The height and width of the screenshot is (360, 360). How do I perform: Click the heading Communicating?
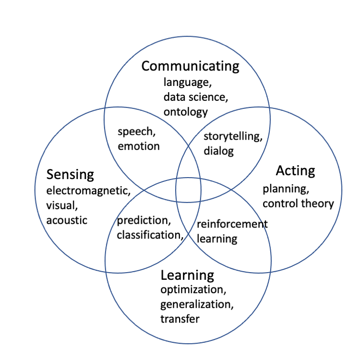click(x=190, y=66)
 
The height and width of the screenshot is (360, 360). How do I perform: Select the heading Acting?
click(x=295, y=171)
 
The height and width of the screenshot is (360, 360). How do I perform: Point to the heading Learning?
click(x=187, y=276)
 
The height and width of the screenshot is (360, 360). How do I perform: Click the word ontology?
click(x=186, y=112)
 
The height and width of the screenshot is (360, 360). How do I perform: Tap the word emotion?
click(x=139, y=146)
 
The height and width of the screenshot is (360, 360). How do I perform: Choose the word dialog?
click(x=218, y=151)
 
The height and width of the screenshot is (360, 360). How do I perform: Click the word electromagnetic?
click(x=88, y=191)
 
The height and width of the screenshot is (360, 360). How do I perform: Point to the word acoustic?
click(x=67, y=220)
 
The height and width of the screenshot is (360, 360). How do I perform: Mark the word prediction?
click(x=144, y=221)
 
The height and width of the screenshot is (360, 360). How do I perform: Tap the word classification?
click(x=150, y=235)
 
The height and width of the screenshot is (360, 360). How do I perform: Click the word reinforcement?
click(x=232, y=224)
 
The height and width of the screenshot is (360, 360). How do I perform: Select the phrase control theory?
click(x=298, y=203)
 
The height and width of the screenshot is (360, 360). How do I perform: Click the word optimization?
click(x=192, y=290)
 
